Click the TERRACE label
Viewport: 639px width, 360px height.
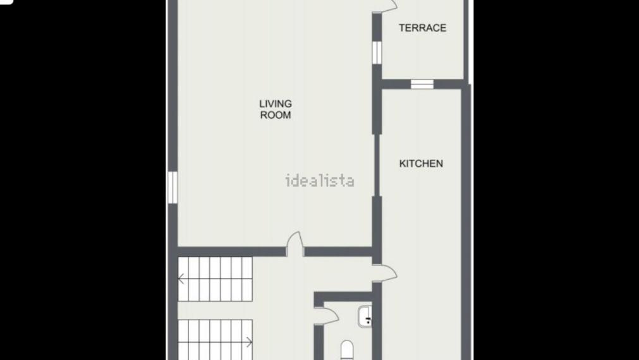tap(423, 28)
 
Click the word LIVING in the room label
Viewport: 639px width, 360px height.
tap(276, 104)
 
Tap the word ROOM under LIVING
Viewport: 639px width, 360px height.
tap(276, 115)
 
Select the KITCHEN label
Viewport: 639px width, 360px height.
tap(421, 164)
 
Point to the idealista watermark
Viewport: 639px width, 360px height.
tap(320, 181)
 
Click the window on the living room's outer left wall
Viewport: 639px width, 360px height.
tap(173, 188)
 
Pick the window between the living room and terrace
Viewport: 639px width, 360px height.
tap(377, 52)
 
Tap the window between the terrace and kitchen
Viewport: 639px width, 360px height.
tap(422, 84)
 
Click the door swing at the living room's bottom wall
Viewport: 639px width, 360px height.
tap(295, 243)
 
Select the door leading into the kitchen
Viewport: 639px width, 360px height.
tap(385, 273)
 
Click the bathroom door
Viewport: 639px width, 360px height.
tap(327, 316)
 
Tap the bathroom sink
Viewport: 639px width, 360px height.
tap(365, 316)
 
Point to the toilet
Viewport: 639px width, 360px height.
tap(347, 351)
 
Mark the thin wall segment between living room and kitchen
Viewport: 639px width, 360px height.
tap(377, 165)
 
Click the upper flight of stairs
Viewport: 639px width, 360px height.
tap(215, 279)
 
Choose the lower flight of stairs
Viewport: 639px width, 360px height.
tap(215, 340)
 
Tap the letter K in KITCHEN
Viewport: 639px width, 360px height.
tap(402, 164)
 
